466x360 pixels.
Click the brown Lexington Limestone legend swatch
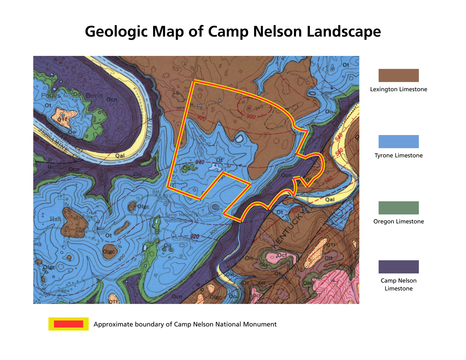(x=398, y=75)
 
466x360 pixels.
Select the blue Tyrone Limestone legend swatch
(x=398, y=141)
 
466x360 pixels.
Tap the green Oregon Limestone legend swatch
(x=398, y=208)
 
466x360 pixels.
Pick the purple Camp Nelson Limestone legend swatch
(x=398, y=267)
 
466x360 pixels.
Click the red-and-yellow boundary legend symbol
(x=68, y=324)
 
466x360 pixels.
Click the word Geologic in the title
(x=116, y=32)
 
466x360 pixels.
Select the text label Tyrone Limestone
(x=398, y=155)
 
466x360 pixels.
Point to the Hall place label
(x=56, y=219)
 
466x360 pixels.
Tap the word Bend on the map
(x=94, y=96)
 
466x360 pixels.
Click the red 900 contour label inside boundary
(x=251, y=117)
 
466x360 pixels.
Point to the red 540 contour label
(x=338, y=136)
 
